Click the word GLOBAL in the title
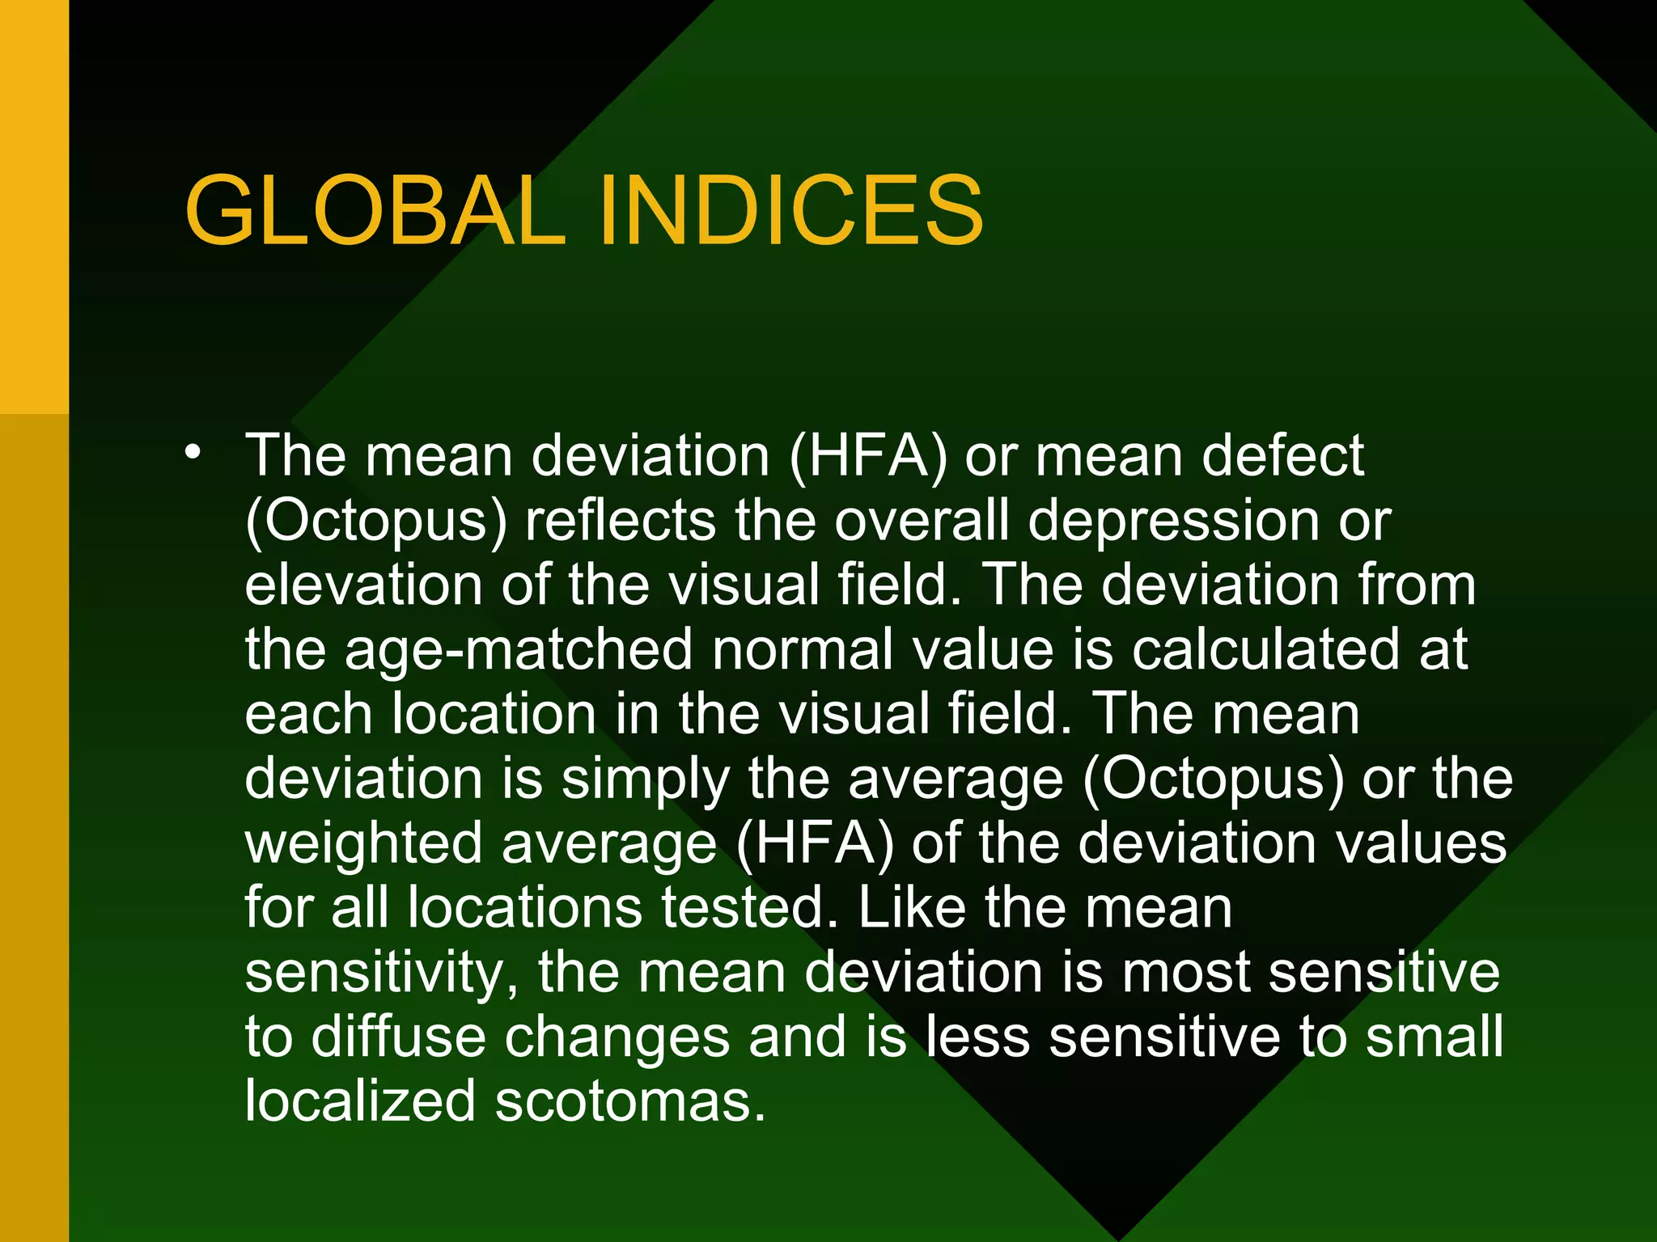click(x=375, y=212)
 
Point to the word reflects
click(x=621, y=520)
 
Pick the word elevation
click(x=363, y=585)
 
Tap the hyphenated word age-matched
click(x=519, y=651)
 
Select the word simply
click(x=645, y=780)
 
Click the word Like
click(x=912, y=907)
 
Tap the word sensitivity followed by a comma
click(x=381, y=974)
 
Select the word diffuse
click(x=398, y=1037)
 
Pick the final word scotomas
click(x=629, y=1101)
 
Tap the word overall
click(x=922, y=520)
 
